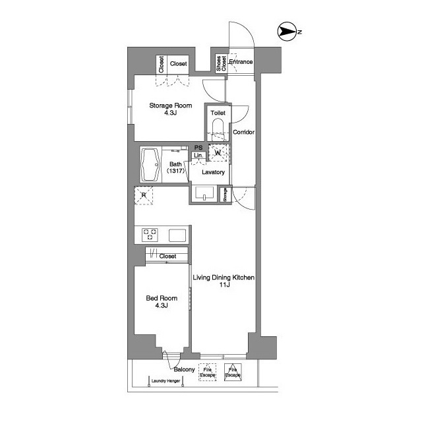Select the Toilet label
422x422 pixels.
click(218, 113)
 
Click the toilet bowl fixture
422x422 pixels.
click(218, 129)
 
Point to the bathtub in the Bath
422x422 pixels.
click(150, 164)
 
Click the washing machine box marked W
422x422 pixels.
click(218, 153)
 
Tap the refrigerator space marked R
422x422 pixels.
click(144, 195)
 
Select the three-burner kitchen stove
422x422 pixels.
click(150, 235)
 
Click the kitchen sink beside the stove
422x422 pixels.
click(177, 235)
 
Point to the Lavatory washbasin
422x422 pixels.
click(204, 194)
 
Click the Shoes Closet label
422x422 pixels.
click(222, 63)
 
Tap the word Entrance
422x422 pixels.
click(241, 62)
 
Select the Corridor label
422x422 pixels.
click(243, 132)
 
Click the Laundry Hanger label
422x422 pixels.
click(166, 381)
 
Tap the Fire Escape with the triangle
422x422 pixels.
click(233, 373)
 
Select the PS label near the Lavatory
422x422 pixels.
click(198, 148)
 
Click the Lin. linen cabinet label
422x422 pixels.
click(198, 156)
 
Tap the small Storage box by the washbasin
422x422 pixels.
click(225, 195)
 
